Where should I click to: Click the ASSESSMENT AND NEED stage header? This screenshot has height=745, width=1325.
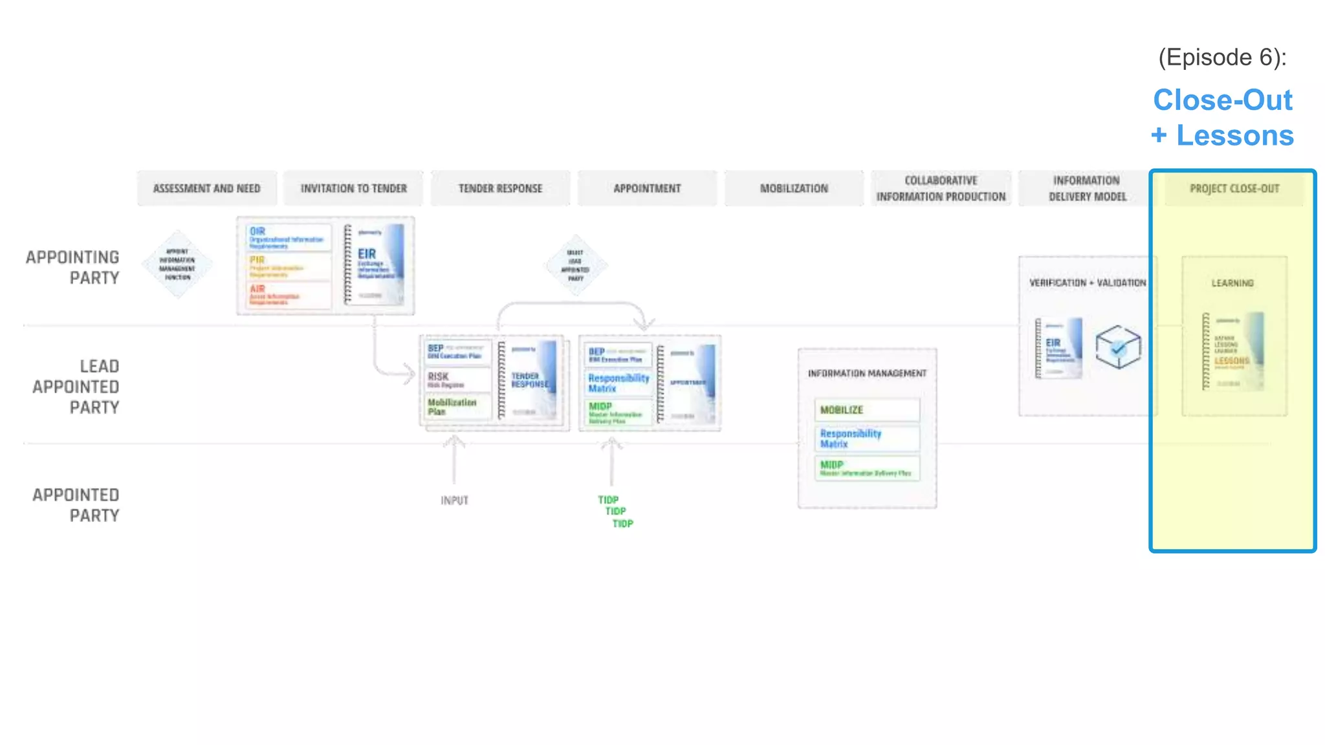(206, 188)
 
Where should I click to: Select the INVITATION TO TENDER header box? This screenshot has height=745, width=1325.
(353, 188)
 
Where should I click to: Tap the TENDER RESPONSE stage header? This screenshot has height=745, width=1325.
(500, 188)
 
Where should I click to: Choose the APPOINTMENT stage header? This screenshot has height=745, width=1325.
(647, 188)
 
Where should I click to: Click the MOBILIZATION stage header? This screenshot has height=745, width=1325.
(794, 188)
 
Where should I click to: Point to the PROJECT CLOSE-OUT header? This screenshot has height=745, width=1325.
(1234, 188)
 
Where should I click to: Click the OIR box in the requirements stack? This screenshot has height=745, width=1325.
(289, 237)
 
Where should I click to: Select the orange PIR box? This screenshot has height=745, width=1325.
(289, 266)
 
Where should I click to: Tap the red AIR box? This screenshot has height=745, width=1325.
(289, 295)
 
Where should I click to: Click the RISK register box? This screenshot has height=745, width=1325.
(457, 380)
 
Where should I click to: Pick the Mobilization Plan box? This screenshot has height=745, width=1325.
(457, 407)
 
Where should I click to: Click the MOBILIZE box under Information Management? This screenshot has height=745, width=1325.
(867, 410)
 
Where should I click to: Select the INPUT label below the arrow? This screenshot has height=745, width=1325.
(454, 501)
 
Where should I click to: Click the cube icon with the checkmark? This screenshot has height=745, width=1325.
(1118, 347)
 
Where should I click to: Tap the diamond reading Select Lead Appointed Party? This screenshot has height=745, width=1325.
(575, 265)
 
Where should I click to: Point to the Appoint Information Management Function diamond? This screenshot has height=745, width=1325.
(177, 264)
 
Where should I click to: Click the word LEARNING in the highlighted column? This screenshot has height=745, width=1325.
(1232, 283)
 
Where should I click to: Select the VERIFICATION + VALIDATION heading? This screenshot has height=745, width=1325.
(1088, 283)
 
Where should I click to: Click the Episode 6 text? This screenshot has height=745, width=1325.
(1222, 58)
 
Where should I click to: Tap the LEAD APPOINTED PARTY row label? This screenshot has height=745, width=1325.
(76, 387)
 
